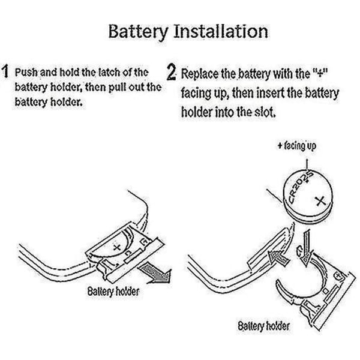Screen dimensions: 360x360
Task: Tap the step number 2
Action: click(x=172, y=74)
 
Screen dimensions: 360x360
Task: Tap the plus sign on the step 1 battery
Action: click(x=116, y=247)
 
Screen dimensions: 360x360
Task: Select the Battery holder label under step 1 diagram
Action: click(x=113, y=292)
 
